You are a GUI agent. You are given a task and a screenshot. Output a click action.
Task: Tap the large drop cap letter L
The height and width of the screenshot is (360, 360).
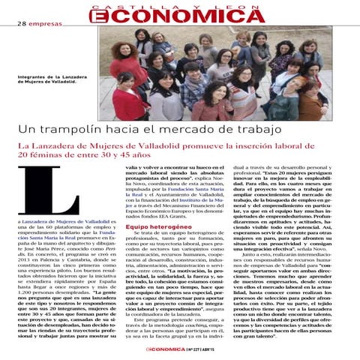coord(62,190)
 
